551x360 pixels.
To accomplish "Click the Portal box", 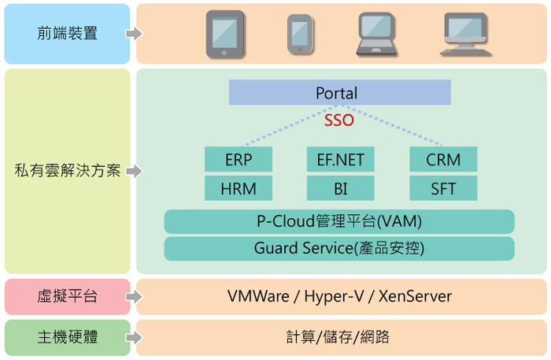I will [339, 93].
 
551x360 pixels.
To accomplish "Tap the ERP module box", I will [238, 160].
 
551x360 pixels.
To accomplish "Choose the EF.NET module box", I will [339, 160].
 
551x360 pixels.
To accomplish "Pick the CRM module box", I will [443, 160].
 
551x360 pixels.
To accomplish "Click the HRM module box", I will [238, 189].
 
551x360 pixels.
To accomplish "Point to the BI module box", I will [339, 189].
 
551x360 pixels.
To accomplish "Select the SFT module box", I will [443, 189].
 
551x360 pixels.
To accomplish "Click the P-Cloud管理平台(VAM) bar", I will [339, 221].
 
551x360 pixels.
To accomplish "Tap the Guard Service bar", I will [339, 249].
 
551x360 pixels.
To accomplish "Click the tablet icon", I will [226, 33].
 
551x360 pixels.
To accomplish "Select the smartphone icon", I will [299, 34].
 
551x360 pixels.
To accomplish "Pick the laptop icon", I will [376, 34].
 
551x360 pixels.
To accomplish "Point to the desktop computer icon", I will [465, 33].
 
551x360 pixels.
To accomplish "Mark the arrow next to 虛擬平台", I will [135, 297].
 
